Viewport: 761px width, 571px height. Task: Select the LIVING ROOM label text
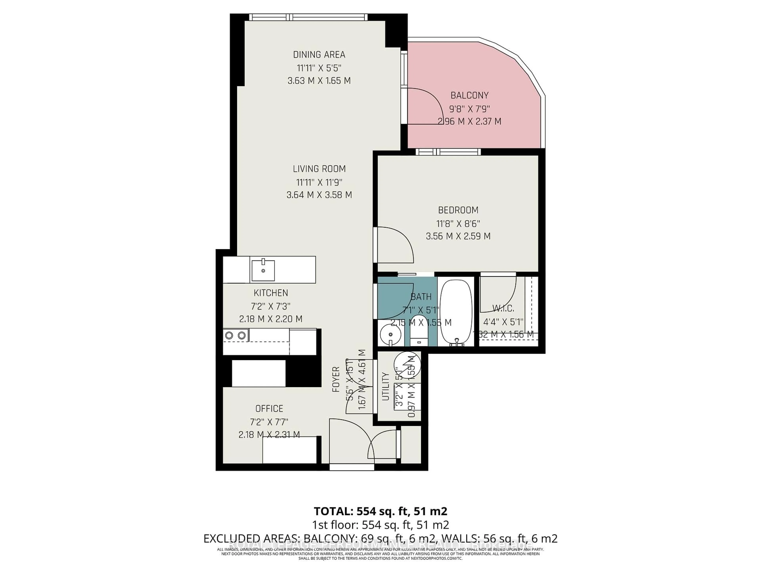pyautogui.click(x=319, y=169)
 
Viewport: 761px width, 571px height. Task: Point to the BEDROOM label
pyautogui.click(x=458, y=210)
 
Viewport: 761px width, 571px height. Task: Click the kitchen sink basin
pyautogui.click(x=263, y=270)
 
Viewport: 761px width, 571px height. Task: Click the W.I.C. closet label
pyautogui.click(x=503, y=308)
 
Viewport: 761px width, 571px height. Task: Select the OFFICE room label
pyautogui.click(x=269, y=409)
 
